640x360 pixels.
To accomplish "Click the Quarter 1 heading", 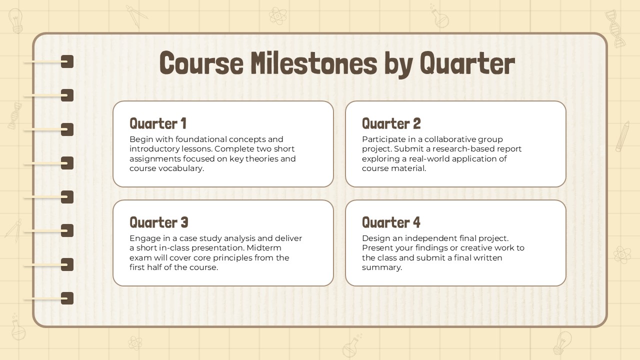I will (158, 123).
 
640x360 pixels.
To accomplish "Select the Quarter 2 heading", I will (391, 123).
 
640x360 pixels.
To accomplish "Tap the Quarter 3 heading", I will (158, 222).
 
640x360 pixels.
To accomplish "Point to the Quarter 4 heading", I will (391, 222).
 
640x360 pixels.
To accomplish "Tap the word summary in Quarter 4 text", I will (381, 267).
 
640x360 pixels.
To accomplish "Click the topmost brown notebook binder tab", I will (67, 61).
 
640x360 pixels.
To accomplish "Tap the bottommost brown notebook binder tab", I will (67, 298).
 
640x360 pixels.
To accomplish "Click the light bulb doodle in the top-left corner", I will (15, 20).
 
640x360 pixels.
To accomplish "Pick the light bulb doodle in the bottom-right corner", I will (562, 342).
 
